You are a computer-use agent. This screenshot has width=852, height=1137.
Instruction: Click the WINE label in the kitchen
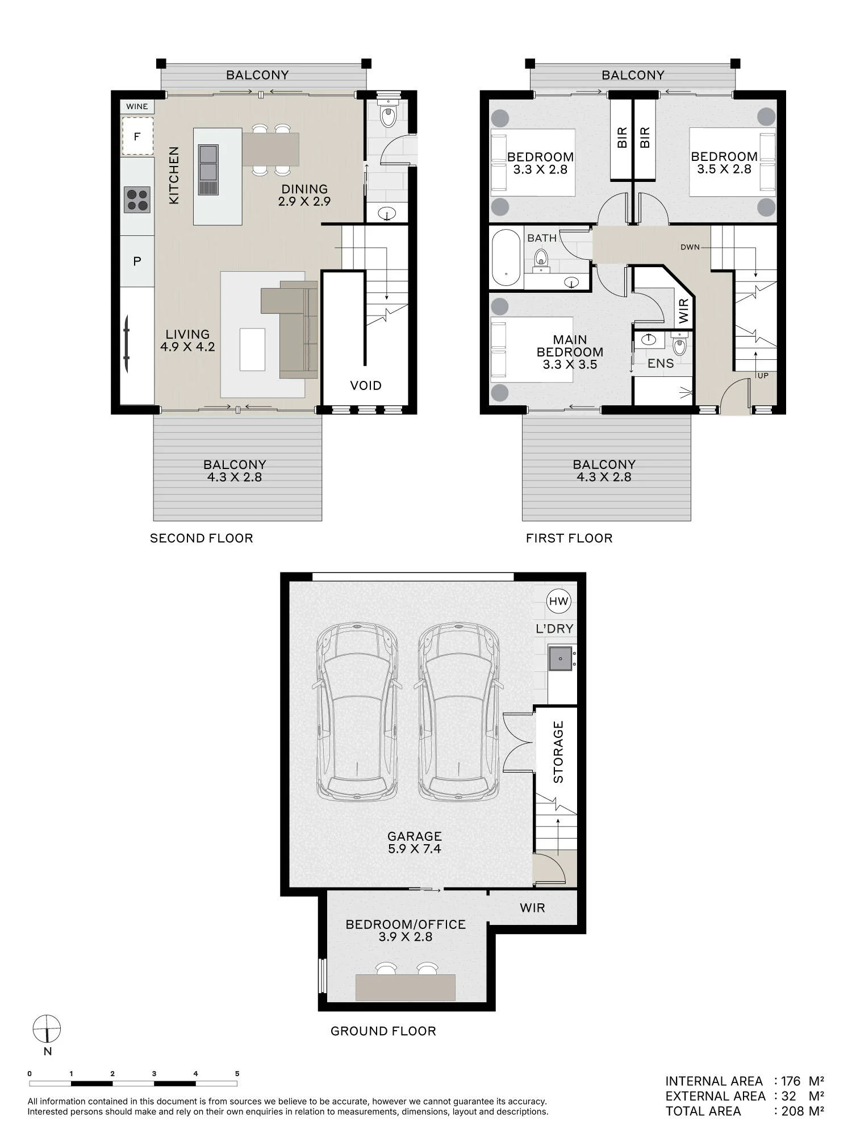[x=137, y=106]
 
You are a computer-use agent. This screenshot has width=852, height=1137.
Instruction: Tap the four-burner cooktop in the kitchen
[x=137, y=200]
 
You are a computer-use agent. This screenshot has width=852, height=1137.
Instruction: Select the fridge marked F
[x=137, y=136]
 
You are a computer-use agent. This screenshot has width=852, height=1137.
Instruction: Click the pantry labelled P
[x=137, y=262]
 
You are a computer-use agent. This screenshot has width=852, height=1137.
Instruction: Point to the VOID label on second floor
[x=366, y=385]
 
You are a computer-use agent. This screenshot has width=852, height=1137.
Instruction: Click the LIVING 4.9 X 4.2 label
[x=187, y=341]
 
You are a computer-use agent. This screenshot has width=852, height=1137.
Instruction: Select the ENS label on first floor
[x=661, y=363]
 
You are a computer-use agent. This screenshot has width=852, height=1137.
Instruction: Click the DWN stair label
[x=690, y=247]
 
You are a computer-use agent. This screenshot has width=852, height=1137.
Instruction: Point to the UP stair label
[x=763, y=376]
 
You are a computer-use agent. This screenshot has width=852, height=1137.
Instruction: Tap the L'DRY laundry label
[x=555, y=629]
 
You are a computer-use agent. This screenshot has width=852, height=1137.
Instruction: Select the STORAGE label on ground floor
[x=558, y=752]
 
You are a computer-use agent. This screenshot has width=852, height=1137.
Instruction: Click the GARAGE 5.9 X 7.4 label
[x=415, y=843]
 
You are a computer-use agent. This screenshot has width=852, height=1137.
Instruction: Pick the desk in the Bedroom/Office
[x=406, y=987]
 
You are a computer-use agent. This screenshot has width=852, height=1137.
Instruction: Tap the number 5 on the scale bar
[x=237, y=1074]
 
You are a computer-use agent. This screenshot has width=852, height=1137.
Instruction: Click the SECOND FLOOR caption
[x=202, y=538]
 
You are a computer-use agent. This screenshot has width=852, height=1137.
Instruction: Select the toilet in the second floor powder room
[x=389, y=113]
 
